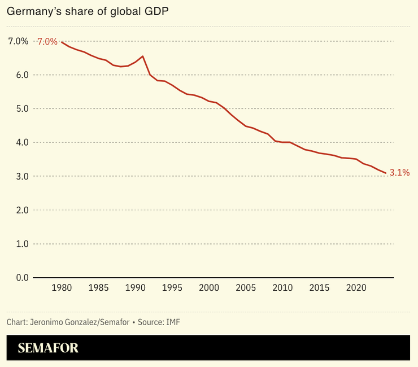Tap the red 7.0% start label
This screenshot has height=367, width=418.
click(47, 42)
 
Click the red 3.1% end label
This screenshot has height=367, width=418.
click(399, 173)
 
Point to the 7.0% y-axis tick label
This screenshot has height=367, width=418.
click(18, 41)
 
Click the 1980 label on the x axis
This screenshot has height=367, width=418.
click(62, 287)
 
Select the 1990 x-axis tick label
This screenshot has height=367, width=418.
click(135, 287)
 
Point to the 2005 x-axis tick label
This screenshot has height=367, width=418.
click(246, 287)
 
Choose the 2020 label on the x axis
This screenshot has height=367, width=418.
click(356, 287)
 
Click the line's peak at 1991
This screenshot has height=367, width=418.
click(142, 56)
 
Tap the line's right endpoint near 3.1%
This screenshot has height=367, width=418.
click(386, 173)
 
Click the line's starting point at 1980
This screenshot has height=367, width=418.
click(62, 42)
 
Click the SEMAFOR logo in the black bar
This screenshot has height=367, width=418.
click(48, 348)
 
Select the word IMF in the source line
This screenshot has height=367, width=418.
click(173, 322)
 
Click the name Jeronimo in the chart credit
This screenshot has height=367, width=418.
click(47, 322)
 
